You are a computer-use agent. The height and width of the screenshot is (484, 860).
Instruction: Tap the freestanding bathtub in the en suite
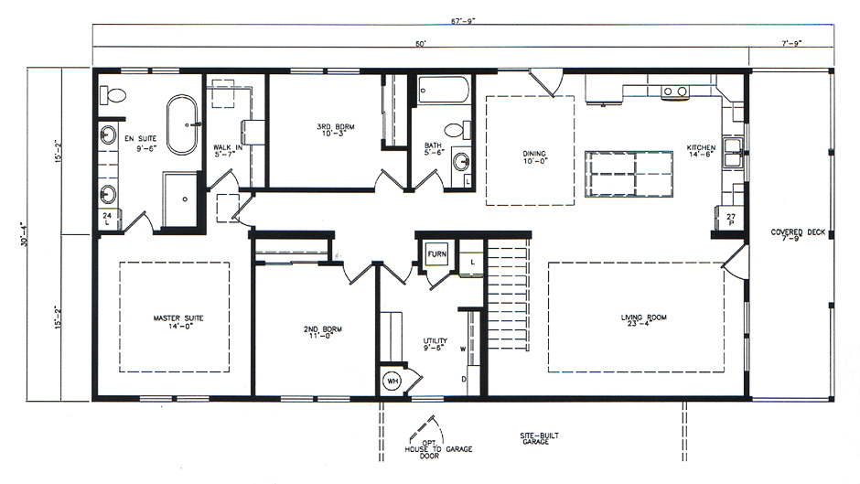click(x=182, y=126)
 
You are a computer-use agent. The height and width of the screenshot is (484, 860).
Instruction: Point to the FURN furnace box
click(x=435, y=254)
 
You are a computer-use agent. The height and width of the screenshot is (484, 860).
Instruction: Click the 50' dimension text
click(x=420, y=44)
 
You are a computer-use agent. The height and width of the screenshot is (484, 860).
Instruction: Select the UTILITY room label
click(x=435, y=344)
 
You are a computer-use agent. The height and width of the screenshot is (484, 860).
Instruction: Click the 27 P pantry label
click(x=730, y=220)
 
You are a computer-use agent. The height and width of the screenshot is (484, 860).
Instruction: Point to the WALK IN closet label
click(x=226, y=150)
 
